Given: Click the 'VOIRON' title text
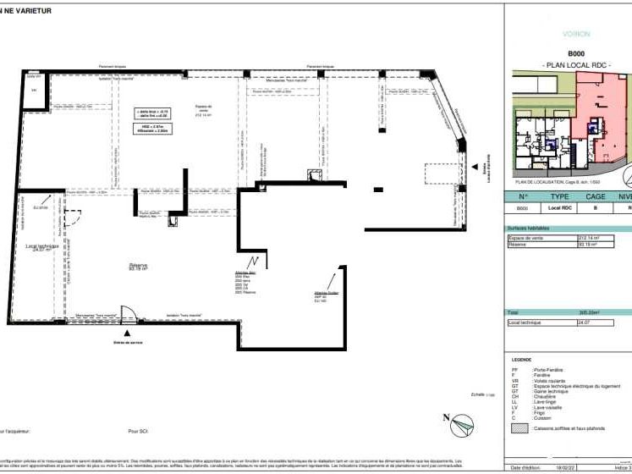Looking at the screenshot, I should pos(576,34).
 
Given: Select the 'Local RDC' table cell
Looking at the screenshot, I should pos(558,208).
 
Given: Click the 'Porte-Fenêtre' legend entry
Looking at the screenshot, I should pos(548,370).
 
